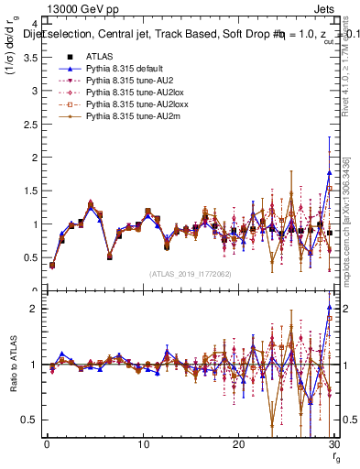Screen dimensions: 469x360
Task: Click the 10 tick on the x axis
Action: tap(143, 444)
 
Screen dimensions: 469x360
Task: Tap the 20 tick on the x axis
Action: tap(238, 444)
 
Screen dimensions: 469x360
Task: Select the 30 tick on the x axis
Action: tap(333, 444)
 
